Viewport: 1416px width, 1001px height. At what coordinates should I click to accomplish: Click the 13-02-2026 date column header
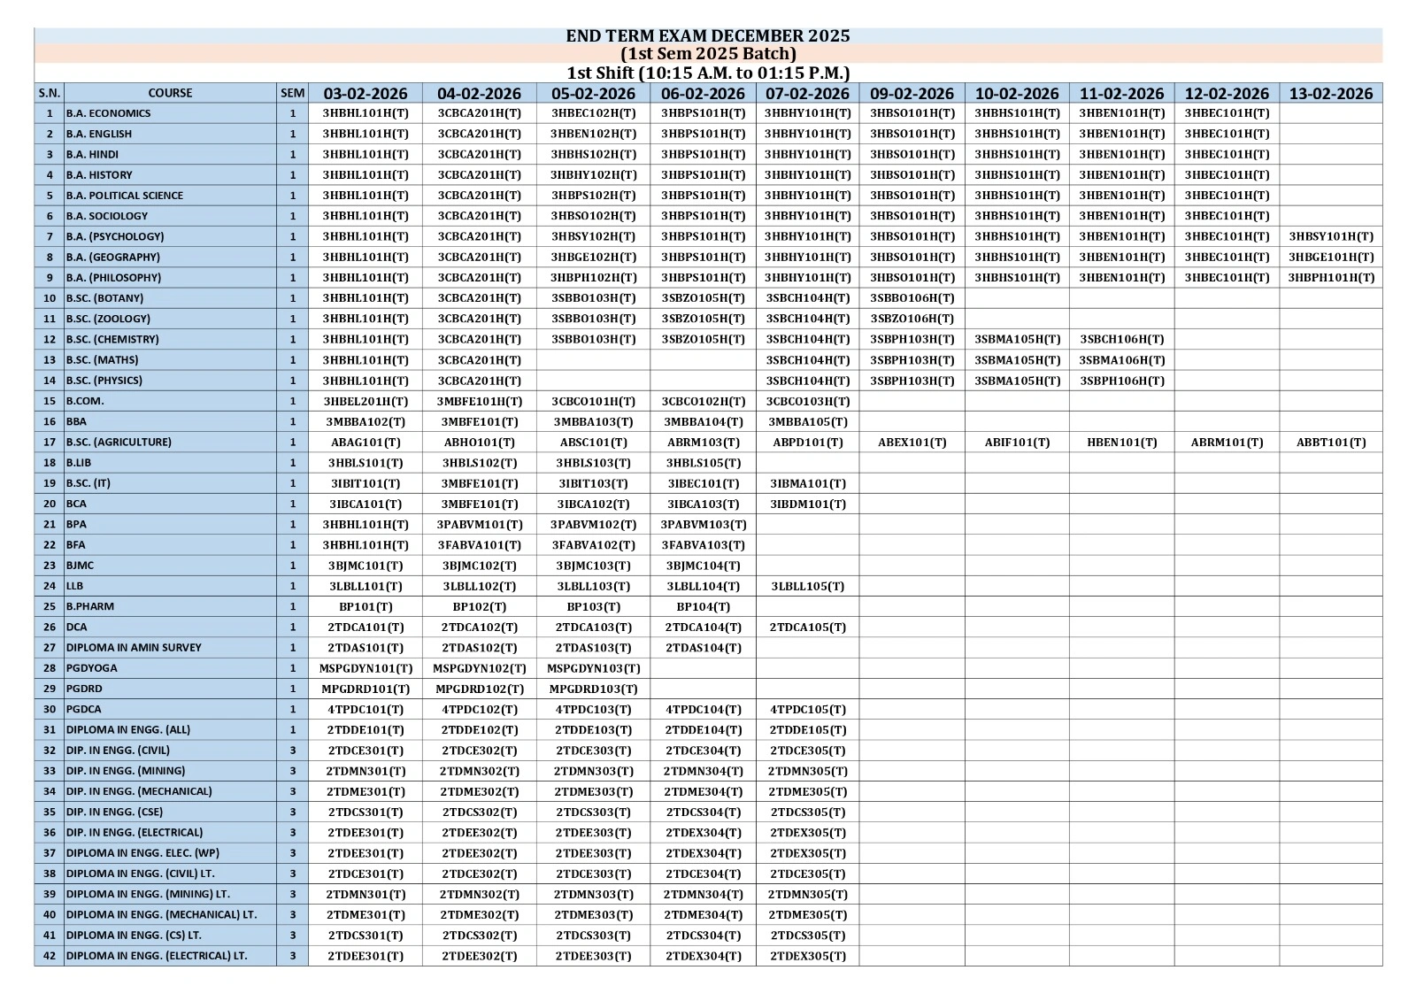(1330, 93)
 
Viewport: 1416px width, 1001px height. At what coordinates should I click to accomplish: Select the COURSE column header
(170, 93)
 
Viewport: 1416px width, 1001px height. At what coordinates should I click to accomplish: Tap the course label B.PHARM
(90, 606)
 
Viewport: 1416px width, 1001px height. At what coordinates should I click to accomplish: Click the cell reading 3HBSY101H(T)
(1330, 236)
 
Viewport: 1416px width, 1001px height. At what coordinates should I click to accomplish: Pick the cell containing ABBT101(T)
(1330, 442)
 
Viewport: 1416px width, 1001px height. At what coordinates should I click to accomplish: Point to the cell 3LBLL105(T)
(807, 586)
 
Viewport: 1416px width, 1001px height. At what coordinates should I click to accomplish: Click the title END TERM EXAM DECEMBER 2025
(707, 35)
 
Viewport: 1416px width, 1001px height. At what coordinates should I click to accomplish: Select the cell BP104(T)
(703, 606)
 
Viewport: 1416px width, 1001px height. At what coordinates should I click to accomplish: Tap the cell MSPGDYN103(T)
(593, 668)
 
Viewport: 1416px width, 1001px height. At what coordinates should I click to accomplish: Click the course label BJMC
(81, 565)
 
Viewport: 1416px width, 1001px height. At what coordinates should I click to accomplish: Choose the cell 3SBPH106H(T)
(1121, 381)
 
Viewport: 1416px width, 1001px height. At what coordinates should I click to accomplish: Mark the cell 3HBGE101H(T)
(1330, 257)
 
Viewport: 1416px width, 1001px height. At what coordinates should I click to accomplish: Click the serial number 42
(50, 956)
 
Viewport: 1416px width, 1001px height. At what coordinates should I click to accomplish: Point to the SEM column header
(292, 93)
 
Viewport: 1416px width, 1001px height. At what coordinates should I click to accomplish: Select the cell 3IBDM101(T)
(807, 504)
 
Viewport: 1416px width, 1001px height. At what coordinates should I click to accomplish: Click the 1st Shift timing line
(707, 73)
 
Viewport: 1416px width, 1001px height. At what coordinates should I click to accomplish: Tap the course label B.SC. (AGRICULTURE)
(119, 442)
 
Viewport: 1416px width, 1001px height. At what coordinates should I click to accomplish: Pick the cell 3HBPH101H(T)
(1330, 277)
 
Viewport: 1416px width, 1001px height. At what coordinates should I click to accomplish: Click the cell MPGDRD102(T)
(479, 689)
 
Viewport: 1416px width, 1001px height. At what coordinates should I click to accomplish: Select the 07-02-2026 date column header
(807, 93)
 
